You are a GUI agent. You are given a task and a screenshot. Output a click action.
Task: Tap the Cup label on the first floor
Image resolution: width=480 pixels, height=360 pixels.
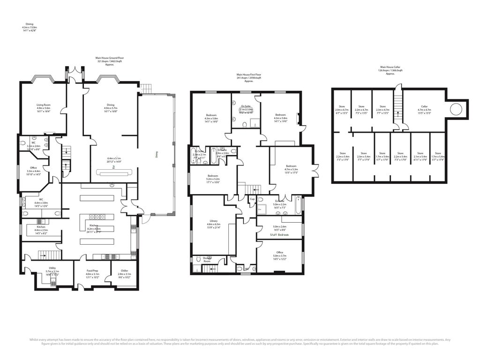point(252,199)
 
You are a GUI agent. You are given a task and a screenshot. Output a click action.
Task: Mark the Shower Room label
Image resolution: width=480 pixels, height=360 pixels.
point(206,259)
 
